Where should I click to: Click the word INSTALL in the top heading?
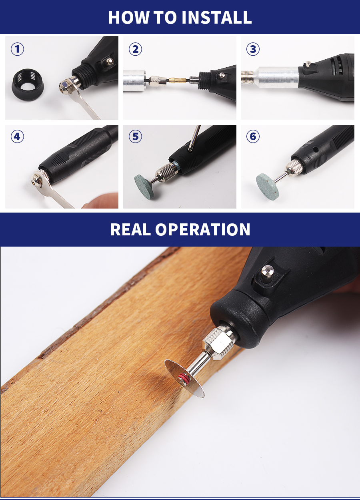tap(216, 17)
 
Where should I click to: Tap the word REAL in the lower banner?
tap(130, 229)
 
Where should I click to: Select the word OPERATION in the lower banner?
tap(203, 229)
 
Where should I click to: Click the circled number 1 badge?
tap(17, 49)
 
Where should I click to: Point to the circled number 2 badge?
tap(135, 49)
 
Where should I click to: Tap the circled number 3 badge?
tap(253, 49)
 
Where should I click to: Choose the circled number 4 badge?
tap(17, 137)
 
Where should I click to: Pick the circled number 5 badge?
tap(135, 137)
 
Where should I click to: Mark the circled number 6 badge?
tap(253, 137)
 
